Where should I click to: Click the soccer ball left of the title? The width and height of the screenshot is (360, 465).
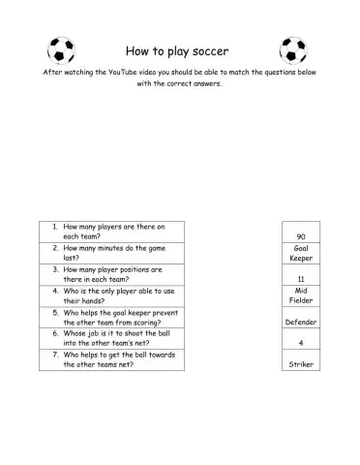point(61,50)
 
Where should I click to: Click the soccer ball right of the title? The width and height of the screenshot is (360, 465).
point(292,50)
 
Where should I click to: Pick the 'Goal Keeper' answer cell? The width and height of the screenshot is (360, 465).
point(301,253)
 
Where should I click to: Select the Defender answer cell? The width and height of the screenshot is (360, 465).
point(301,321)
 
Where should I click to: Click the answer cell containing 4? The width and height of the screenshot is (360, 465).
point(301,342)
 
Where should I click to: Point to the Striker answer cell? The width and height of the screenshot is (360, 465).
point(301,364)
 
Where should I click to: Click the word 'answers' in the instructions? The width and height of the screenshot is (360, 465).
point(204,83)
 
